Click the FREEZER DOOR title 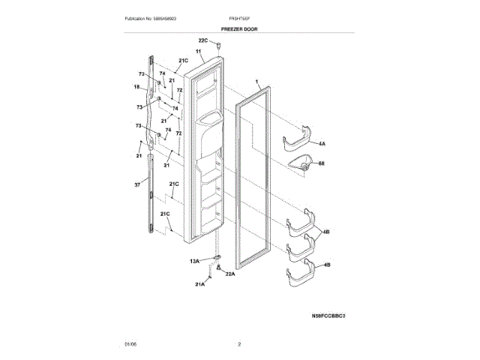(x=240, y=28)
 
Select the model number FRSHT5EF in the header (x=240, y=17)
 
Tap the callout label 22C (x=203, y=40)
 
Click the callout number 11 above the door (x=199, y=52)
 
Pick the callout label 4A (x=322, y=142)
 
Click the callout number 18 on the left (x=137, y=87)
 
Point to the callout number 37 (x=137, y=184)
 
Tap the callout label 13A (x=194, y=260)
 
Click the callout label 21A (x=200, y=284)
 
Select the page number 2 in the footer (x=239, y=343)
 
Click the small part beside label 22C (x=218, y=45)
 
